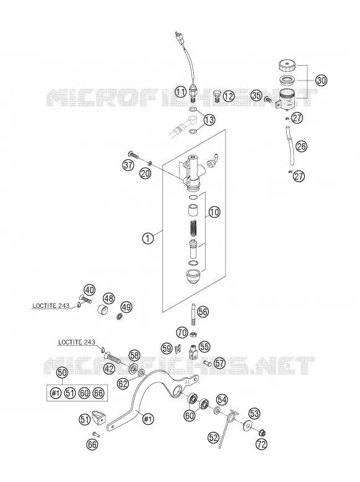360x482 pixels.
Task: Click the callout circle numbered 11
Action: (x=182, y=92)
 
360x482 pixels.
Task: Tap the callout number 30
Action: (x=321, y=81)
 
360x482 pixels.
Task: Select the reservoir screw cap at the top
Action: (x=287, y=66)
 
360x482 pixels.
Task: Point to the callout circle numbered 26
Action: (x=302, y=146)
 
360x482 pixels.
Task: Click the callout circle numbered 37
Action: (x=128, y=165)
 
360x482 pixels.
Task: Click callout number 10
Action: (x=214, y=212)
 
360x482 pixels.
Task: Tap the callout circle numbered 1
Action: (x=148, y=239)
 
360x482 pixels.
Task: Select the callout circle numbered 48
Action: (x=109, y=298)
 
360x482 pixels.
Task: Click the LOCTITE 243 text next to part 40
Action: (x=51, y=306)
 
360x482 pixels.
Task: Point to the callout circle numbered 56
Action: (x=203, y=312)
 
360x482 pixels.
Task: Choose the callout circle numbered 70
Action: (x=182, y=332)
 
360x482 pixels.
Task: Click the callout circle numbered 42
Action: (x=109, y=369)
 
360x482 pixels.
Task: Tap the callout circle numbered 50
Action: (x=62, y=373)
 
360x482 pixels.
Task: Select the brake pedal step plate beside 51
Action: (x=99, y=417)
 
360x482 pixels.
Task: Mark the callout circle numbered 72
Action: (x=261, y=444)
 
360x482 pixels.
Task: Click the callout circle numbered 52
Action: (x=213, y=437)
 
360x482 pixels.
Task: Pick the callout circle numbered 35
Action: (x=257, y=95)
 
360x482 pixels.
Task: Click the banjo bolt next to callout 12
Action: (x=217, y=96)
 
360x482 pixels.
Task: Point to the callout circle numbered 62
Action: (x=123, y=384)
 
